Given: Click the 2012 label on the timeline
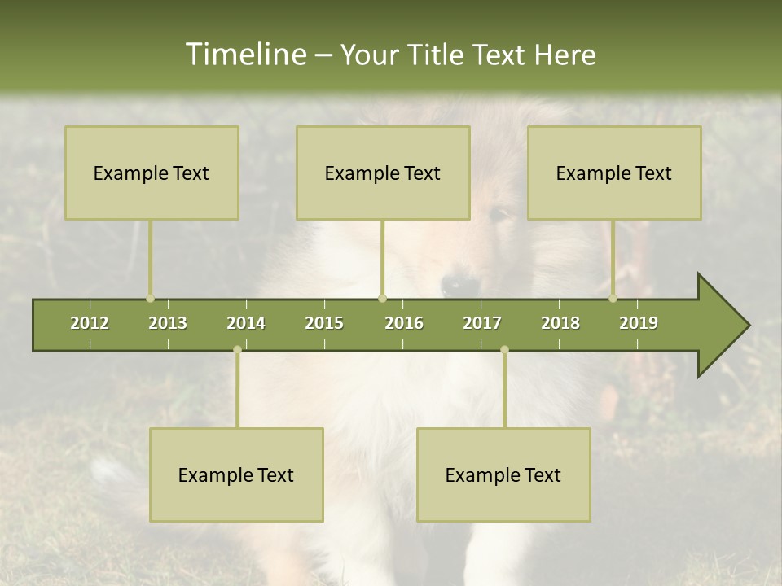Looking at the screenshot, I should [90, 323].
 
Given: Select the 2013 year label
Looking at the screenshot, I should [168, 323].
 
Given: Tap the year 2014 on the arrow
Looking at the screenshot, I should [246, 323].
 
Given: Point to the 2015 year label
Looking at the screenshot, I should [324, 323].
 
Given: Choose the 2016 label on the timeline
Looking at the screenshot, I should [404, 323].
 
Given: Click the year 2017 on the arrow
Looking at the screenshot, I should [482, 323].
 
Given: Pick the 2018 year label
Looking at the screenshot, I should [560, 323].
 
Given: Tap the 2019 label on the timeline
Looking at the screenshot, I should [639, 323].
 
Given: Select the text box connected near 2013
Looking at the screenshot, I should [152, 173].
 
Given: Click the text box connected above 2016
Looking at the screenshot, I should [383, 173].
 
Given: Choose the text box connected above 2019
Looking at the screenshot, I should [614, 173].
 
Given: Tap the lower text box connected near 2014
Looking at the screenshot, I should [236, 474].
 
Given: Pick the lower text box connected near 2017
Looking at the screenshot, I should [503, 474].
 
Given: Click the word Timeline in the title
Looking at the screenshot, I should [244, 55].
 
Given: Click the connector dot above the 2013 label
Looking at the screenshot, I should [150, 299].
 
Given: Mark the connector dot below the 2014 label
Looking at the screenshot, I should [237, 350].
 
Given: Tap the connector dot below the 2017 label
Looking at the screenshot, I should [504, 350].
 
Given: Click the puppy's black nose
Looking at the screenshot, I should [460, 286].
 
